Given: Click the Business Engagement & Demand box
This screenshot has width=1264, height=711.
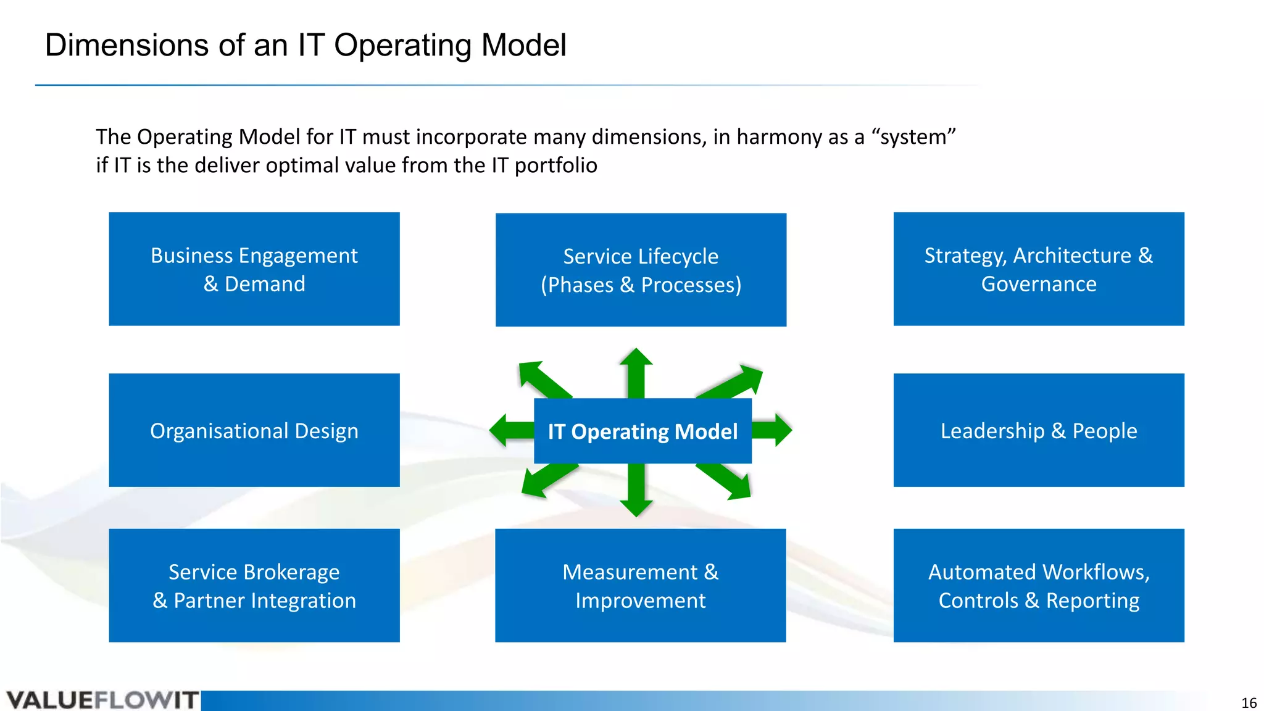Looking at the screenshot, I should point(254,269).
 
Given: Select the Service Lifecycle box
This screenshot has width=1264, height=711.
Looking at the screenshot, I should point(641,270).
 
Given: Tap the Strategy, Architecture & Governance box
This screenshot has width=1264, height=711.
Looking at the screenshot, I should point(1039,269).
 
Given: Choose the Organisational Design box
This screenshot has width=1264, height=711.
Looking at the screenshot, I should point(254,430).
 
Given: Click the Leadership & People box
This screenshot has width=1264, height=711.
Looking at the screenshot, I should point(1039,430).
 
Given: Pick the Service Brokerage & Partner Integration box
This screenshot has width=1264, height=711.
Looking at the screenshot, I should point(254,585).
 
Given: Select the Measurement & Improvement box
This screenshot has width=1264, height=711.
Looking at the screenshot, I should point(641,585).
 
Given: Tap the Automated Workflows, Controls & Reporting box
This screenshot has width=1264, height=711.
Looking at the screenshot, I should point(1039,585).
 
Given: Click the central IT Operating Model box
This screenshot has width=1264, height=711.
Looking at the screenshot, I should point(642,431).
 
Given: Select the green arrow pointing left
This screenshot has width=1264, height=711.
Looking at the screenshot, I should point(510,430).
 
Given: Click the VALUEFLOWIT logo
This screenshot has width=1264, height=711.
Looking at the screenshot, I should point(102,701).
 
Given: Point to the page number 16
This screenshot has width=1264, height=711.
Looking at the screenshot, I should point(1249,703).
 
